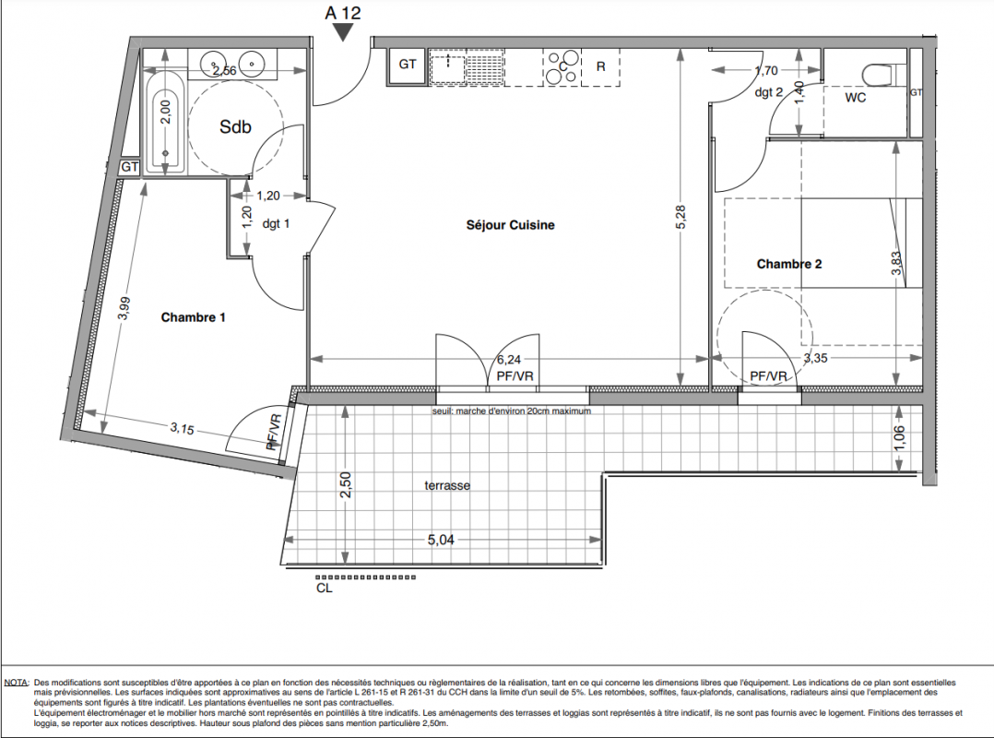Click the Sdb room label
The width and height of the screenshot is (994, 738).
click(x=235, y=126)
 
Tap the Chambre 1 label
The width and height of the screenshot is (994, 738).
click(x=194, y=317)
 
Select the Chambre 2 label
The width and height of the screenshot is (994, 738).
click(x=789, y=264)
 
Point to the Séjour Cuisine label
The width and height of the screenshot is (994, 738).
click(x=510, y=225)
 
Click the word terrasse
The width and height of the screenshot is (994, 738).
click(x=447, y=485)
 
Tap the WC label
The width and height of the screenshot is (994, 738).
click(x=855, y=98)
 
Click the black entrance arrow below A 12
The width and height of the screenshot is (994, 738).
click(x=343, y=32)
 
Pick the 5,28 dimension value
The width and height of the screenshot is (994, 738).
click(x=680, y=217)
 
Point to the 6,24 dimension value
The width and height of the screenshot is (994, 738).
click(x=509, y=360)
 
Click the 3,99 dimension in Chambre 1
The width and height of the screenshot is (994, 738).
click(x=124, y=308)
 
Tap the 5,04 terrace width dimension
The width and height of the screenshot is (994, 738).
click(x=441, y=540)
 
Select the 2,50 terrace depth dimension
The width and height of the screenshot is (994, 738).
click(x=346, y=485)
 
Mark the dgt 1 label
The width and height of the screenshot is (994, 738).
click(x=276, y=224)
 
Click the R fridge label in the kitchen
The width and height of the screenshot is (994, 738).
click(x=601, y=65)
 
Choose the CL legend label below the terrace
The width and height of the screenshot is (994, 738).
click(x=324, y=589)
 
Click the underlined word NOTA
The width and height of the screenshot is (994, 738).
click(x=17, y=683)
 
